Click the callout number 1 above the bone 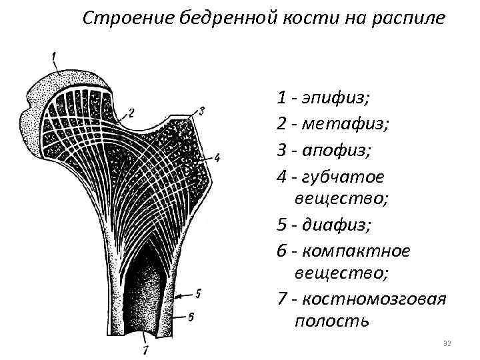(x=55, y=54)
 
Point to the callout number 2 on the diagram (x=131, y=113)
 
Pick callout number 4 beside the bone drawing (x=217, y=158)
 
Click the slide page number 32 (x=447, y=343)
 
